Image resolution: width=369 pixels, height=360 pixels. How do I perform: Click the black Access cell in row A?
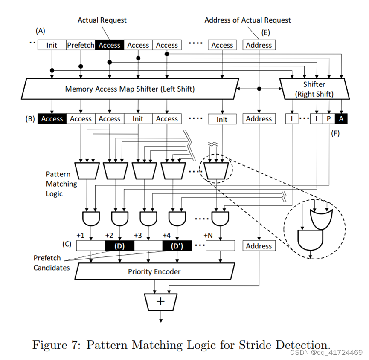pos(110,45)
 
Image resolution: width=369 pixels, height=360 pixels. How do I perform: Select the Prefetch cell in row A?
pos(81,45)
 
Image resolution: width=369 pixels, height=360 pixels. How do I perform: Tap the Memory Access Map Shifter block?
pos(129,89)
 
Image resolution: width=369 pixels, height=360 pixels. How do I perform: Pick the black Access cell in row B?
pos(52,119)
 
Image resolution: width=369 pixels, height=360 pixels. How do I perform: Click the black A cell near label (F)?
pos(341,119)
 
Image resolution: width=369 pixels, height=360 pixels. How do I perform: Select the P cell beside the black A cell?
pos(328,119)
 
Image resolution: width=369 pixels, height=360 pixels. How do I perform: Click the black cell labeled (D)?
pos(119,246)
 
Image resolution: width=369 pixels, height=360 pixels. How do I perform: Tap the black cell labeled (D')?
pos(177,246)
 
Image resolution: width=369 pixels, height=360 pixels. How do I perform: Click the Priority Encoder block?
pos(154,271)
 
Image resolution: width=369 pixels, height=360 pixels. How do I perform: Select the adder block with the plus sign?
pos(160,302)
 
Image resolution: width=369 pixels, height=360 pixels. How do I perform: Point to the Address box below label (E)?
pos(259,45)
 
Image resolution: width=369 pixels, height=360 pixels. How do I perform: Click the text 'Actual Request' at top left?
pos(102,20)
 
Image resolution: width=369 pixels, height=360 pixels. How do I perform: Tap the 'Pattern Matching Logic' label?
pos(61,184)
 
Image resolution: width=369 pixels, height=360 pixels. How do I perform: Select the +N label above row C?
pos(208,235)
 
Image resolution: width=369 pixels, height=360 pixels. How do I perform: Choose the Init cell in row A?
pos(52,45)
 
